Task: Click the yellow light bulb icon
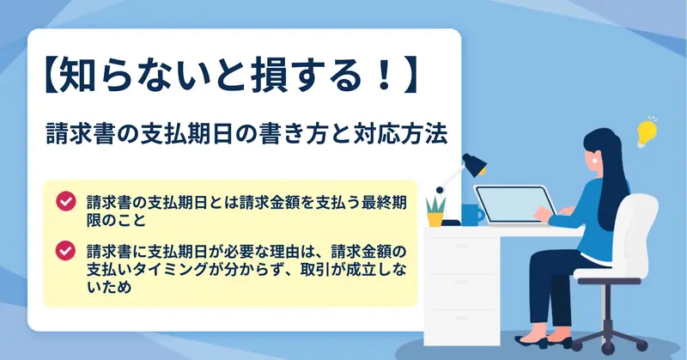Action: [x=647, y=131]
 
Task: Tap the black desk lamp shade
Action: [x=475, y=164]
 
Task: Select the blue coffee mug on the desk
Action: [x=472, y=215]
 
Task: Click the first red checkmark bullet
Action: [x=66, y=202]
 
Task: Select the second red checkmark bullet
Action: [x=66, y=251]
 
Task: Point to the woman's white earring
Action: [x=595, y=160]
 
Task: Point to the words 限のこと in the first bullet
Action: [x=116, y=219]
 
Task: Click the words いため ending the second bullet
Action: [x=109, y=287]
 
